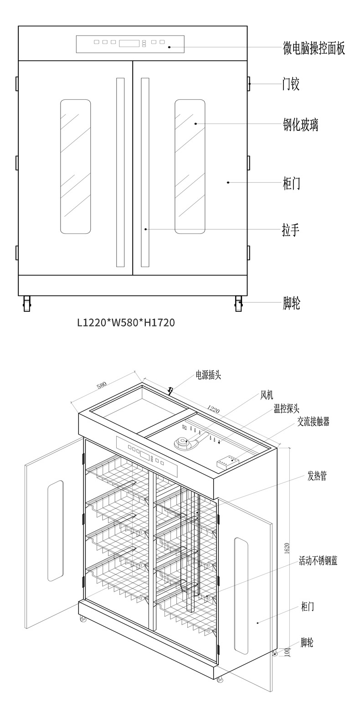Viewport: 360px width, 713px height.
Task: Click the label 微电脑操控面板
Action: tap(314, 48)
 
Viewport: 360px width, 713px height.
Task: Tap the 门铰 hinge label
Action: tap(291, 84)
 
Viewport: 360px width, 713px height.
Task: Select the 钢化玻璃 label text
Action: tap(300, 124)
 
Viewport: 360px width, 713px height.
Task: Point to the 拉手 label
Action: tap(291, 229)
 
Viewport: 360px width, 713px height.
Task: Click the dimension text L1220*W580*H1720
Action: tap(126, 323)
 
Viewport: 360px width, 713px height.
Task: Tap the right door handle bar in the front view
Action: tap(145, 172)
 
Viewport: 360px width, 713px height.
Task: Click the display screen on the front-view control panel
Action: tap(129, 43)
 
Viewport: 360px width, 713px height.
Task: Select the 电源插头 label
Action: tap(208, 376)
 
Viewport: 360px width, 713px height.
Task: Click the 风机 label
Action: tap(267, 395)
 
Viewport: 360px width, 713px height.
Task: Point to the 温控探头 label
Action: tap(287, 409)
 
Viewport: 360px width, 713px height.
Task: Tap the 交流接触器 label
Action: tap(313, 422)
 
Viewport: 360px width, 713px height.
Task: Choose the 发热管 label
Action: tap(317, 476)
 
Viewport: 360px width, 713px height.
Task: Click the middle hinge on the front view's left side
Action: tap(17, 163)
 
